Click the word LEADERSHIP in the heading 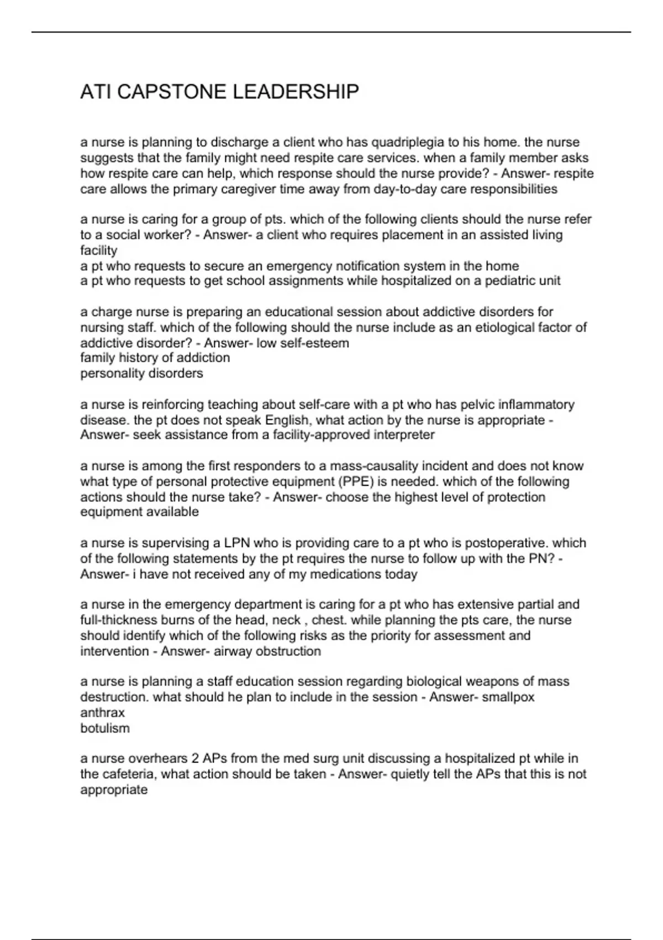(296, 92)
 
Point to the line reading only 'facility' (99, 250)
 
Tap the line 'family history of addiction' (155, 358)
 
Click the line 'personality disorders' (142, 373)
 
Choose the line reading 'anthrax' (103, 713)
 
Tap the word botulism (105, 728)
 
